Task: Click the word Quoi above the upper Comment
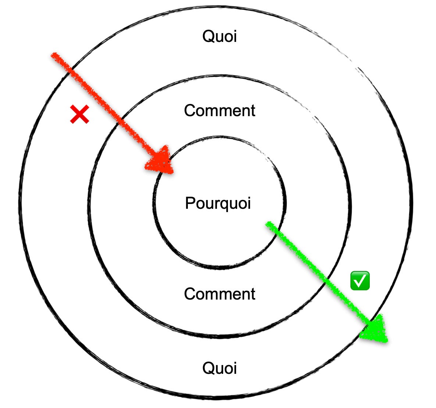pyautogui.click(x=219, y=36)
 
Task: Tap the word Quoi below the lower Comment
pyautogui.click(x=219, y=368)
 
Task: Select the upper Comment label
pyautogui.click(x=219, y=110)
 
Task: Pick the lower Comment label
pyautogui.click(x=219, y=294)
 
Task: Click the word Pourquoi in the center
pyautogui.click(x=218, y=203)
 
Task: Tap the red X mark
pyautogui.click(x=79, y=114)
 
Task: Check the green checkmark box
pyautogui.click(x=360, y=281)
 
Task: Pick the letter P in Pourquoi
pyautogui.click(x=190, y=203)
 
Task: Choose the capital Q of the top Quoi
pyautogui.click(x=208, y=36)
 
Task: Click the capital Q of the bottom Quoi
pyautogui.click(x=208, y=368)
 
